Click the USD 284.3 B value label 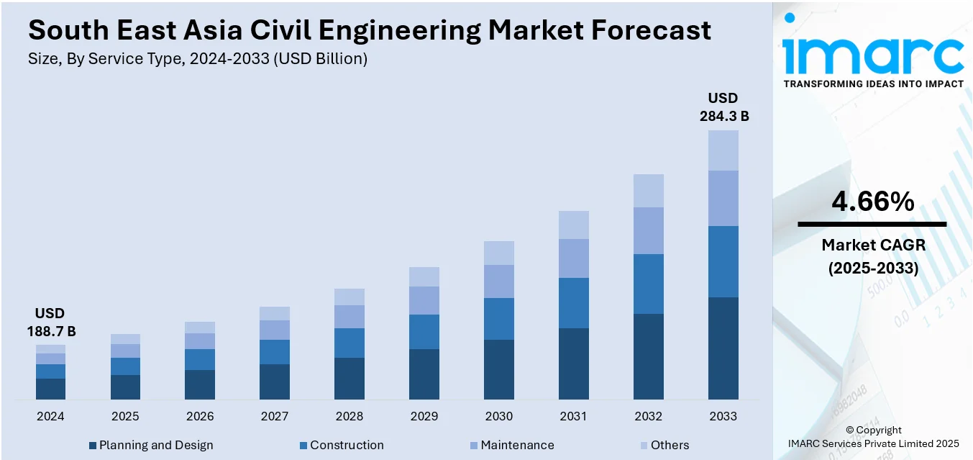click(723, 107)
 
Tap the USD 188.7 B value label click(50, 322)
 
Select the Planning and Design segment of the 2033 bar click(723, 348)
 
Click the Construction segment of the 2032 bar click(649, 284)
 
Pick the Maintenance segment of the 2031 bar click(574, 258)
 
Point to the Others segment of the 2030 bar click(499, 253)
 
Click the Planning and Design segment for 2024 click(50, 389)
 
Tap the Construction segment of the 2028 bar click(350, 343)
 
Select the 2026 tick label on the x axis click(200, 416)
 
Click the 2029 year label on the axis click(424, 416)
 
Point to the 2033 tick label click(723, 416)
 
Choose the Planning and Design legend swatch click(93, 446)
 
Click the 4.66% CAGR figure click(872, 202)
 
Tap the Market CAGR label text click(873, 245)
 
